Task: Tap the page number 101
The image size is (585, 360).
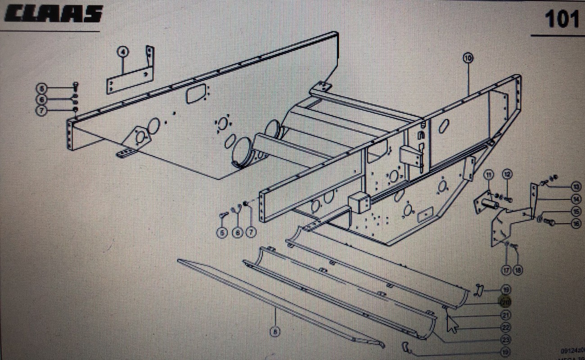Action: pyautogui.click(x=561, y=19)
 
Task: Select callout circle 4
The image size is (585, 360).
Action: pyautogui.click(x=122, y=52)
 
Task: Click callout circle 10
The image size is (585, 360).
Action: pyautogui.click(x=468, y=58)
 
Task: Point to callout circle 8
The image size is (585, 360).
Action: pyautogui.click(x=275, y=332)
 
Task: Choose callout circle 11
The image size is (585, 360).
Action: pyautogui.click(x=489, y=174)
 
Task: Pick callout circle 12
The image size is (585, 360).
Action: pyautogui.click(x=507, y=174)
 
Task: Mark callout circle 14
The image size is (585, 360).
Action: pyautogui.click(x=576, y=198)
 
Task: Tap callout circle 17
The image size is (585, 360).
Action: pyautogui.click(x=507, y=270)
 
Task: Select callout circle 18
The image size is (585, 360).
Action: pyautogui.click(x=518, y=270)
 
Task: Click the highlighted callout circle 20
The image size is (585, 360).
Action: pyautogui.click(x=506, y=302)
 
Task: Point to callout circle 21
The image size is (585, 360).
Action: pyautogui.click(x=506, y=315)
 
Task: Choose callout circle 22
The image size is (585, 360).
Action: pyautogui.click(x=506, y=327)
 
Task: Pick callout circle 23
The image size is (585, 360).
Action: pyautogui.click(x=506, y=339)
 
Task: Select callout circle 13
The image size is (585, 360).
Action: pyautogui.click(x=576, y=186)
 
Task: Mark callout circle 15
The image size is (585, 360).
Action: pyautogui.click(x=576, y=211)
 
